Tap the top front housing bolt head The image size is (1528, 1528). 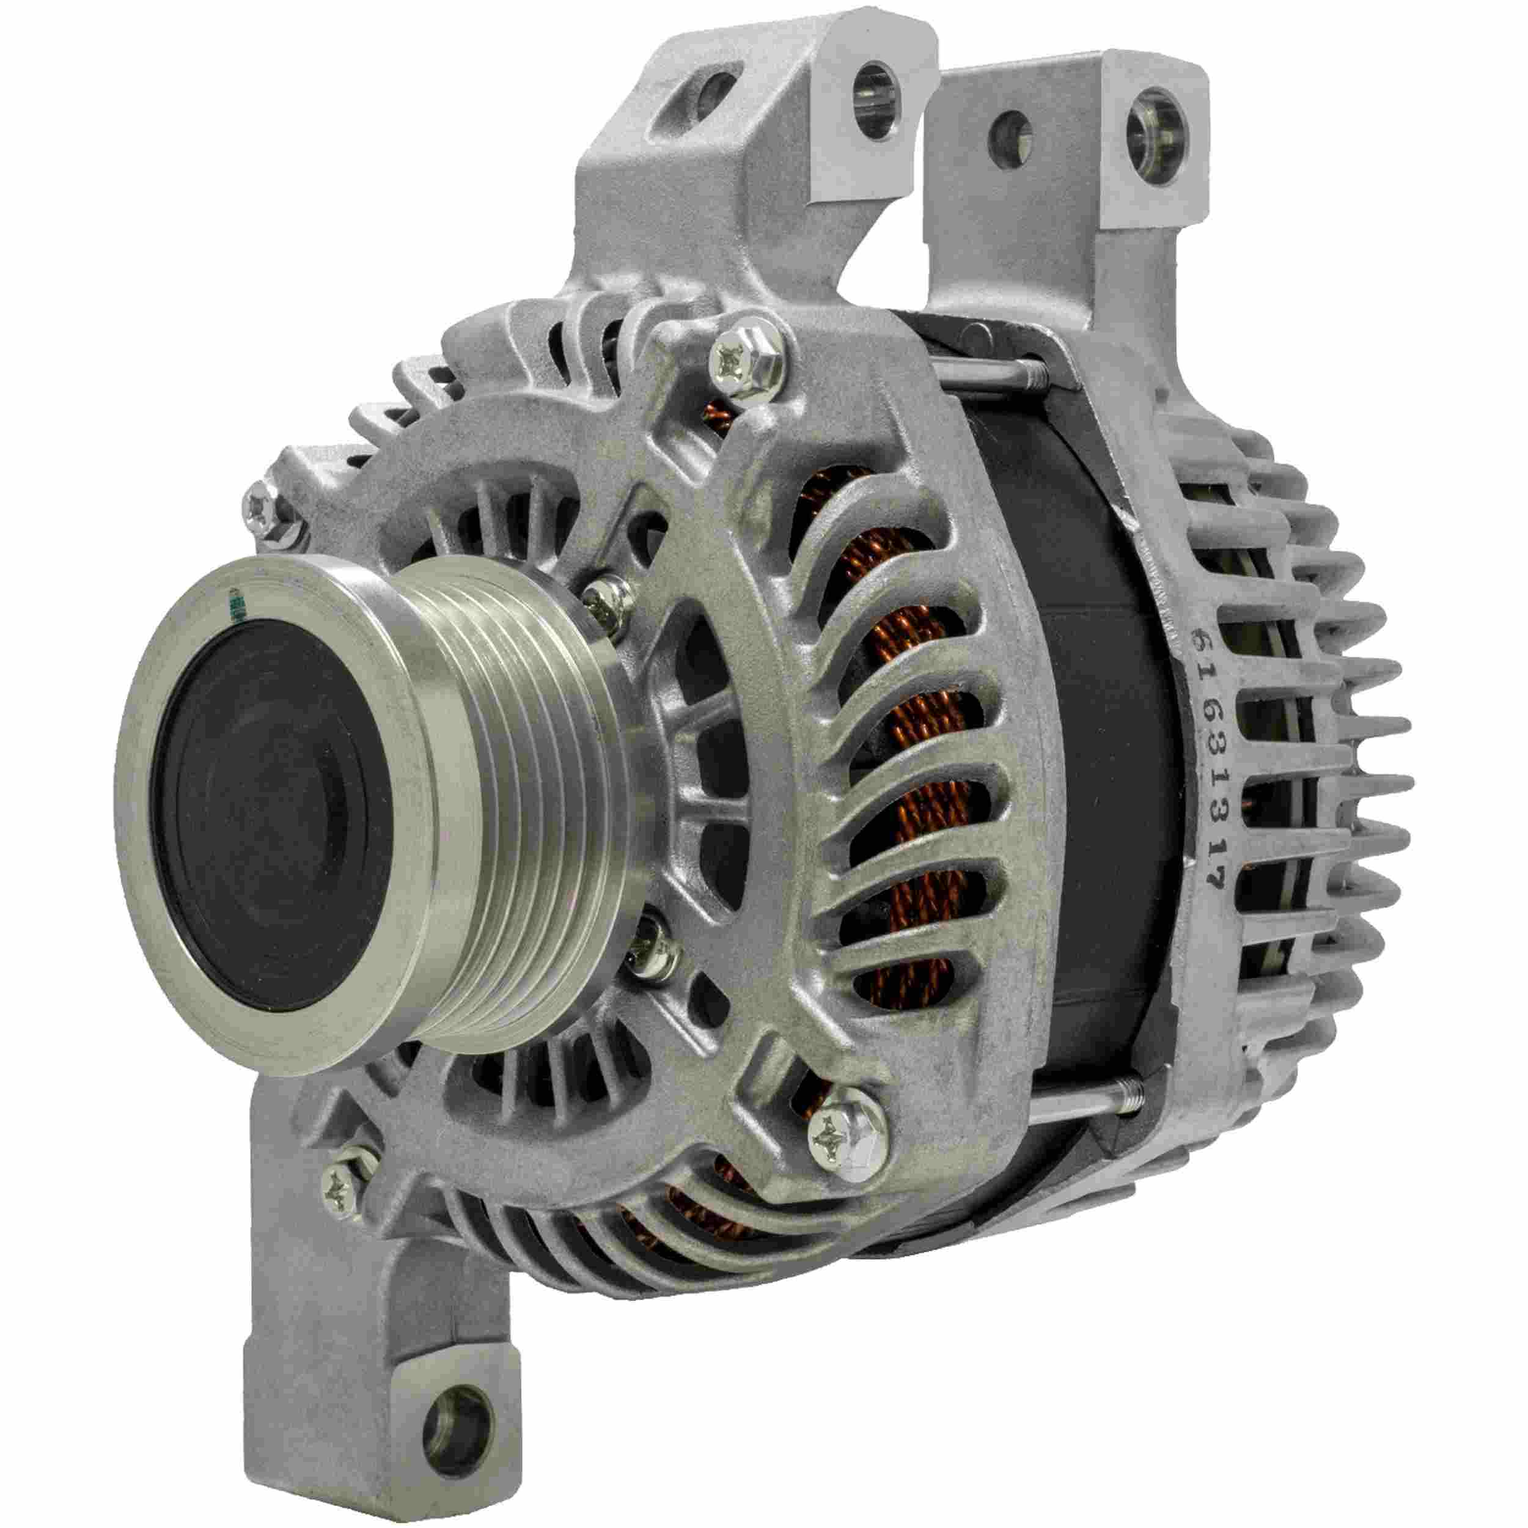point(740,363)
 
